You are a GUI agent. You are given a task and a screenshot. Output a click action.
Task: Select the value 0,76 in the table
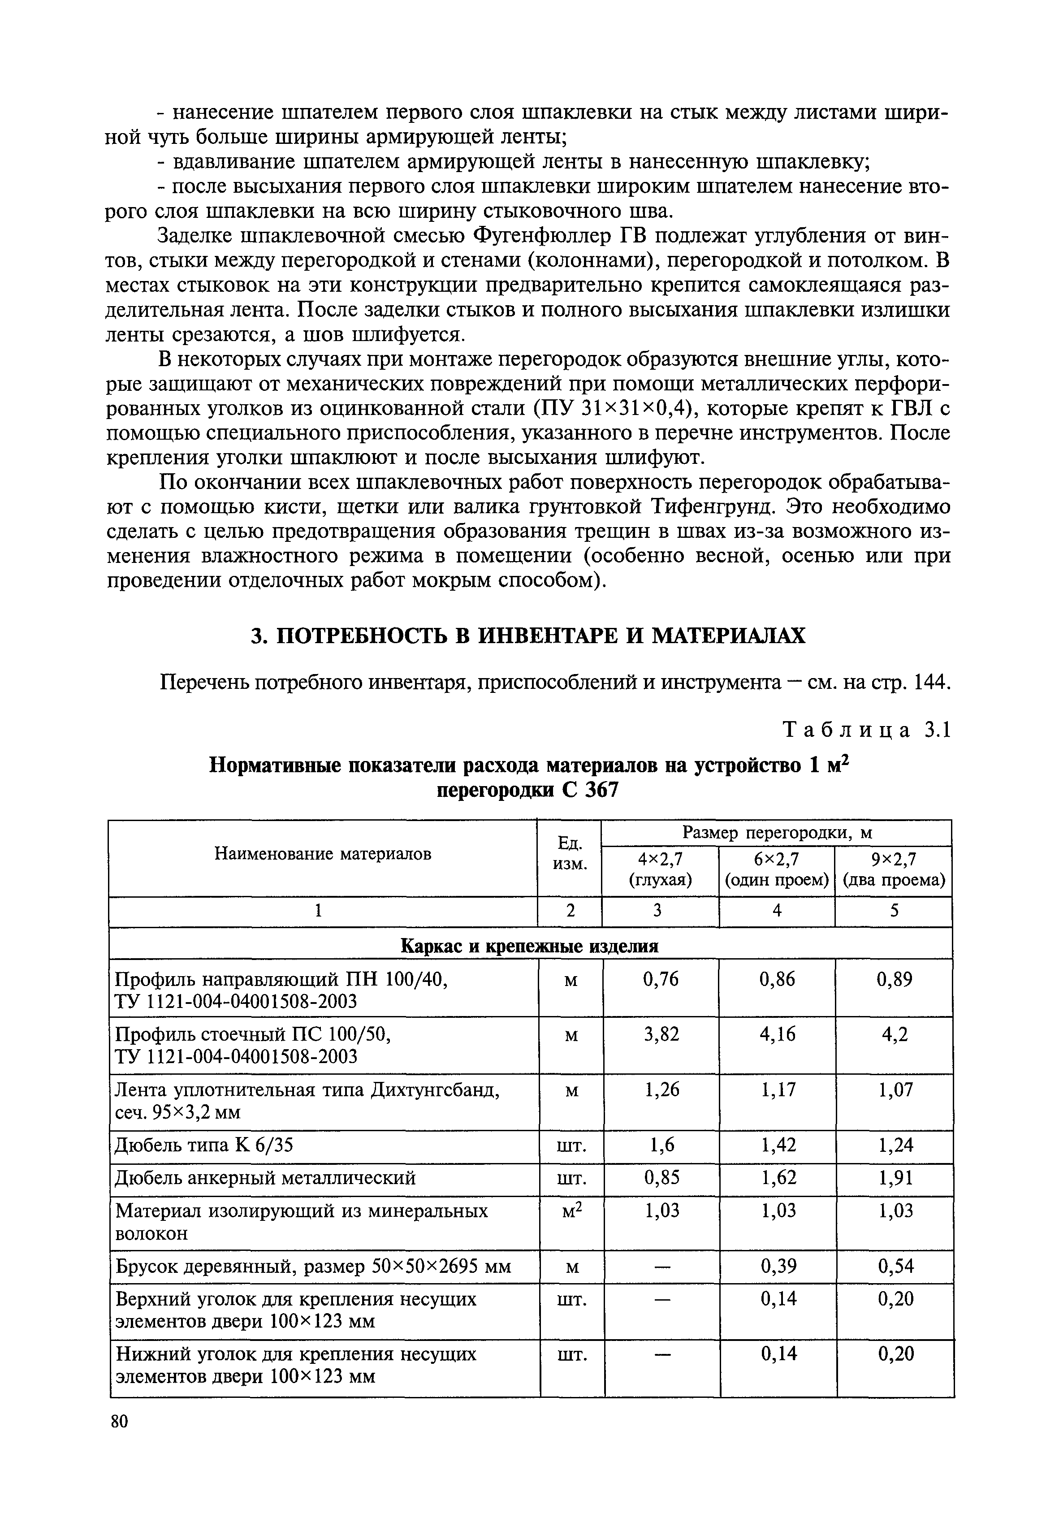point(661,979)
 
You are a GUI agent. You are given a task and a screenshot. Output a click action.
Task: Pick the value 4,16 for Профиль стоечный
point(777,1034)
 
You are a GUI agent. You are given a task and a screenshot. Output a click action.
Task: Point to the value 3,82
point(661,1034)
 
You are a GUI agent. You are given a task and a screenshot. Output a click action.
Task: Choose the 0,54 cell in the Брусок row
point(895,1267)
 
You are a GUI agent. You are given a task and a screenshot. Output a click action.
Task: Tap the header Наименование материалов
point(323,854)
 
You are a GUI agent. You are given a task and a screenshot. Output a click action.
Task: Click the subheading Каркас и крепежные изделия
point(530,946)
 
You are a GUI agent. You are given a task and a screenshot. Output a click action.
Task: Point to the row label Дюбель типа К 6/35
point(204,1145)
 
